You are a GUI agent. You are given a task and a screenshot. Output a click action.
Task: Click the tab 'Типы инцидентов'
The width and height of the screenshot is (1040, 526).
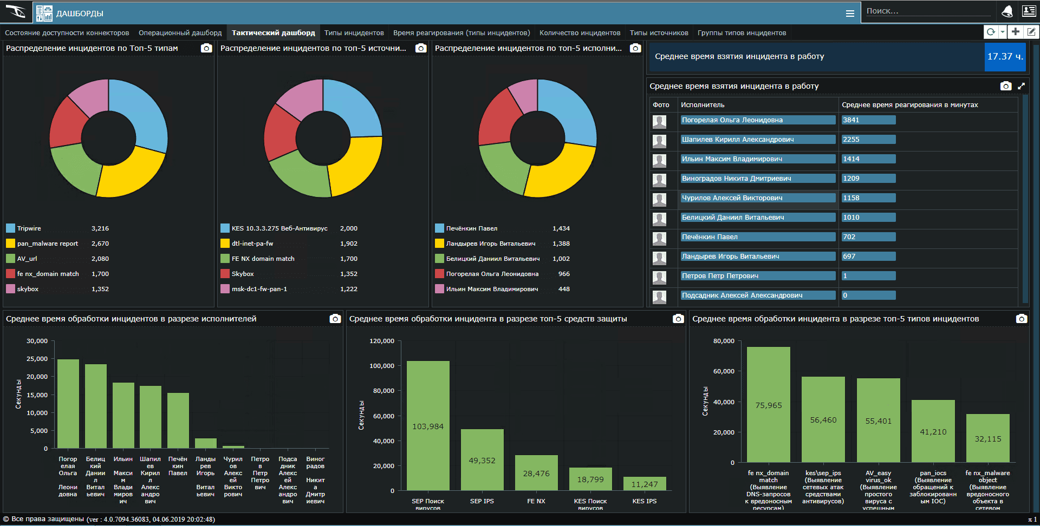tap(354, 33)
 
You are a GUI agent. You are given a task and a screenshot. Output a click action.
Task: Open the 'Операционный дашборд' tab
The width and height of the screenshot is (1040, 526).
tap(180, 33)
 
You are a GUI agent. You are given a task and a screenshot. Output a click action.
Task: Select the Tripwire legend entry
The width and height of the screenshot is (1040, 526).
tap(29, 228)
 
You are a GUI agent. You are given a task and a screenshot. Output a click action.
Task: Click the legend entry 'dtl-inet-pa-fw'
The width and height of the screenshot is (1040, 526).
tap(252, 244)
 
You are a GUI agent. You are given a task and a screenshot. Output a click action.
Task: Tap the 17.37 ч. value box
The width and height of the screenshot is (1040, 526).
tap(1005, 56)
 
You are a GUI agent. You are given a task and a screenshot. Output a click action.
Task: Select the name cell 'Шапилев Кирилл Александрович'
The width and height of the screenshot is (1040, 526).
tap(757, 140)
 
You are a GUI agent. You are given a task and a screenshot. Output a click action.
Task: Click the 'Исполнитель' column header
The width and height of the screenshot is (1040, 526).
tap(703, 105)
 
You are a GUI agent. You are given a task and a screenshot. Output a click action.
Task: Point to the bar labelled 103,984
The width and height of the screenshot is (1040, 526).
tap(428, 426)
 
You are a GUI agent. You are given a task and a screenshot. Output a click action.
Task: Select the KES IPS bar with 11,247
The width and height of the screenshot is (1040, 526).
tap(644, 484)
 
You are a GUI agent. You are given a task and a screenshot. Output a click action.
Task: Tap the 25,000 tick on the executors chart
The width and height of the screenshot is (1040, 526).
tap(37, 359)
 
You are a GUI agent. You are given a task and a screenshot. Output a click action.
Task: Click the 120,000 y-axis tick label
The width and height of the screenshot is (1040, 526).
tap(381, 341)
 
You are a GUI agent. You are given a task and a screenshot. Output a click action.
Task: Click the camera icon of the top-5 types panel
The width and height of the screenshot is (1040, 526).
tap(206, 48)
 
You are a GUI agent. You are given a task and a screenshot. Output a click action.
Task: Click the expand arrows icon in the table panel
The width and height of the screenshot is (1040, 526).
tap(1021, 86)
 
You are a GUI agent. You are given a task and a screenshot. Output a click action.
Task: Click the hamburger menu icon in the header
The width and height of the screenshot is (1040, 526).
tap(850, 14)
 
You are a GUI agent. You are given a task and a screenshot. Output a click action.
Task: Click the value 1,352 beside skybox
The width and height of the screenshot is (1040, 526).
tap(100, 289)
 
